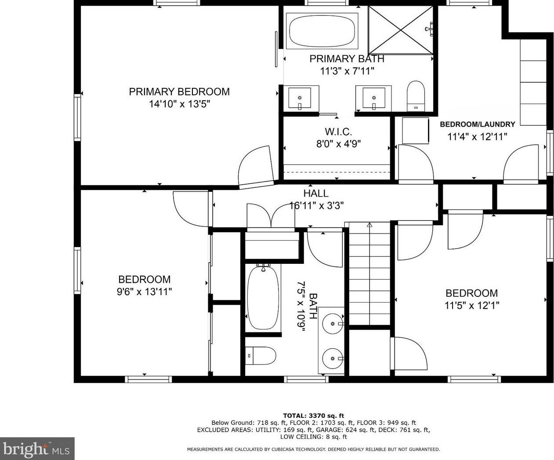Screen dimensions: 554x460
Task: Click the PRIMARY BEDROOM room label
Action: [x=179, y=91]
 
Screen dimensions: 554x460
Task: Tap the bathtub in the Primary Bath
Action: [x=322, y=31]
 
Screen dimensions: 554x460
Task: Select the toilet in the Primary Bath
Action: [x=416, y=96]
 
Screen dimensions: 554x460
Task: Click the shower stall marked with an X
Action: [x=401, y=30]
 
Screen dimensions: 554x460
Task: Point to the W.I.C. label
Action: [x=338, y=131]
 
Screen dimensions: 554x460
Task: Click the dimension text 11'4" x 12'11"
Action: [x=477, y=137]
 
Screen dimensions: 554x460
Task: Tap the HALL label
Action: [x=316, y=193]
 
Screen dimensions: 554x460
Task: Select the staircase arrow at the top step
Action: [x=369, y=225]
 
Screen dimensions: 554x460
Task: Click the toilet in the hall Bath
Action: [x=261, y=356]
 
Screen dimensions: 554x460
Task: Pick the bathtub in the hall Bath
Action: [x=263, y=298]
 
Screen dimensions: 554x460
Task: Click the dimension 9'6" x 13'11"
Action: [x=145, y=292]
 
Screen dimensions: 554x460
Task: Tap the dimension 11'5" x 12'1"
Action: [x=472, y=306]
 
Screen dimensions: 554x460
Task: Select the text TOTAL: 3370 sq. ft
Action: [x=313, y=416]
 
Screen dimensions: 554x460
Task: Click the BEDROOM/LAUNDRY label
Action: [x=477, y=124]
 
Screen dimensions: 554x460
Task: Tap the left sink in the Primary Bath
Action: [x=300, y=99]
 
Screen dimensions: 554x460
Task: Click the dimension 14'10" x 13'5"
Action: [x=179, y=104]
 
